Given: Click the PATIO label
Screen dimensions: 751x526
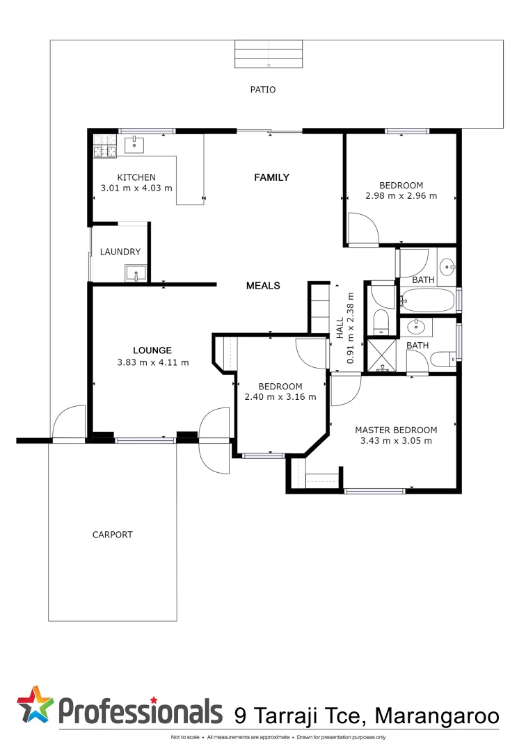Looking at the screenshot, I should [x=263, y=90].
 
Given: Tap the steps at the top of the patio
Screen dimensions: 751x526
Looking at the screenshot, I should [x=269, y=54].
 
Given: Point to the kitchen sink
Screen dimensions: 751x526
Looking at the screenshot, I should [x=134, y=145].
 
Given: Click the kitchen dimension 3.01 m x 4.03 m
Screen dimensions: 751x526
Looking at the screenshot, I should [x=136, y=188].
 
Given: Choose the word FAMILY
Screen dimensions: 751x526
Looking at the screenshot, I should [x=271, y=177].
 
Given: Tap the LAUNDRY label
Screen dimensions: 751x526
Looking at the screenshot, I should [x=120, y=252].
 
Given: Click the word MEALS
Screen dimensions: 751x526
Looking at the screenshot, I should [x=263, y=286].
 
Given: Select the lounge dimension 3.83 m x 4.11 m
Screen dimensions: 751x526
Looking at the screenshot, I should [x=153, y=362].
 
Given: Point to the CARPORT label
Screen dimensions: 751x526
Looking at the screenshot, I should [x=112, y=535].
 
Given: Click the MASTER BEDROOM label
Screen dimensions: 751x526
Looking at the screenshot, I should [x=396, y=430].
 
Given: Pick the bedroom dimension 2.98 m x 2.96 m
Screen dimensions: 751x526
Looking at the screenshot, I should [x=401, y=195].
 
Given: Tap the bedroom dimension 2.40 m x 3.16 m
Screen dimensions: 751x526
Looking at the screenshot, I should [x=280, y=397].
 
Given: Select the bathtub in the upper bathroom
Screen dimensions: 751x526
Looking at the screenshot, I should [x=427, y=300].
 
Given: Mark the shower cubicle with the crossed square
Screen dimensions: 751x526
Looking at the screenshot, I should [x=381, y=355].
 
